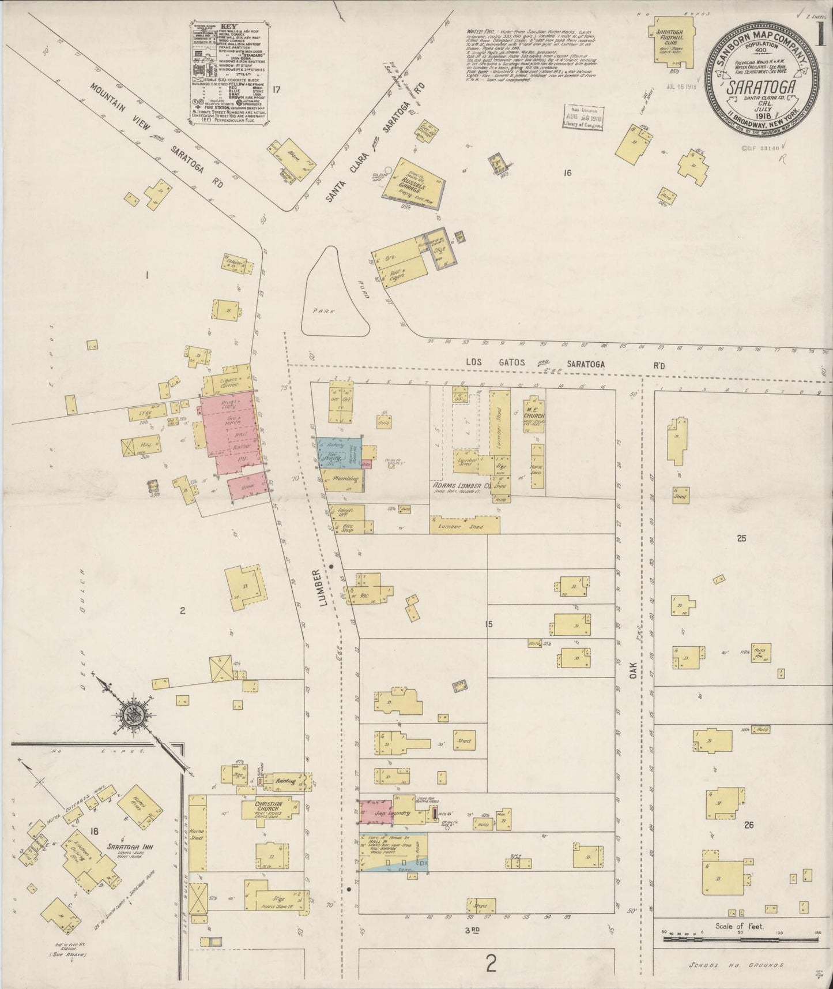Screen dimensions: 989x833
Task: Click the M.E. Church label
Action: [534, 416]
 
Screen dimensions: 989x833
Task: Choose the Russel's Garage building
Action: [414, 184]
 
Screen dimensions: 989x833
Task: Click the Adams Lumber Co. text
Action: [462, 485]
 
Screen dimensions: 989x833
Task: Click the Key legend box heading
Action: [229, 27]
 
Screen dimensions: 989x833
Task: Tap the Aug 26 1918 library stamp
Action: [582, 118]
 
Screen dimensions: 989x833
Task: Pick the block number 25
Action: [741, 538]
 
